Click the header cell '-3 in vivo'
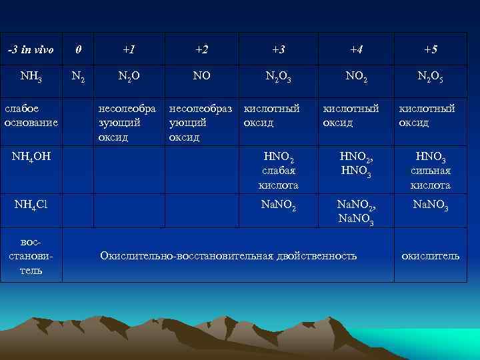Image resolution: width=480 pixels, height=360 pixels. point(30,50)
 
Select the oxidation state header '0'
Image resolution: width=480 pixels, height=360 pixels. point(79,50)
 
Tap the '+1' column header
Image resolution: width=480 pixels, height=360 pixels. point(129,50)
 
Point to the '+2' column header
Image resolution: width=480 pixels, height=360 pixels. point(201,50)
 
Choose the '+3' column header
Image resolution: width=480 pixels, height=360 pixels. point(279,50)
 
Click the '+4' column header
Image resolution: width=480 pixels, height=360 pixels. point(356,50)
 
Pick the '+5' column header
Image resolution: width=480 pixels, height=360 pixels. point(431,50)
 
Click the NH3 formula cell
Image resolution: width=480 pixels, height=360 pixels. point(31,77)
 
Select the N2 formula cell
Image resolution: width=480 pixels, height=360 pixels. point(79,78)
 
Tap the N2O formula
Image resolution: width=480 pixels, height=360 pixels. point(129,77)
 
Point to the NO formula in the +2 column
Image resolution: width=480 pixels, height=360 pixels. point(201,76)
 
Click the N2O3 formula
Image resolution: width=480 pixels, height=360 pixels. point(279,77)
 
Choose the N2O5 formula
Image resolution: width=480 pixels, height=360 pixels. point(431,77)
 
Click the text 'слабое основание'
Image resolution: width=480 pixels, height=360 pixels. point(31,115)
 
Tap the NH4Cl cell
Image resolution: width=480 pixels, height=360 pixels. point(31,204)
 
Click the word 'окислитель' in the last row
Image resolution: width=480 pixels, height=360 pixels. point(430,256)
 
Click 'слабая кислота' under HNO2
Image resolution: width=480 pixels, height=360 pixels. point(279,178)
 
